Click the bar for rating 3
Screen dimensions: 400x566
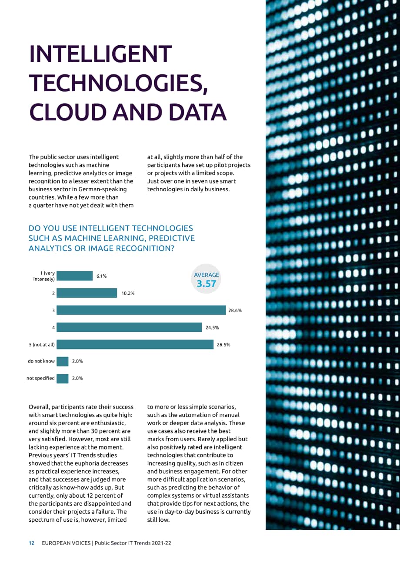coord(141,310)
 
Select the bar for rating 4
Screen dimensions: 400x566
coord(129,327)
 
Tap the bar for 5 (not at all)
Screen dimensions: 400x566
coord(135,344)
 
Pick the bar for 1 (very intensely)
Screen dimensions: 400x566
coord(74,276)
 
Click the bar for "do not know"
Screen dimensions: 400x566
coord(63,361)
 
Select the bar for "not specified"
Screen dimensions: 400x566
coord(63,379)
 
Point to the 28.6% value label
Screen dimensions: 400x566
coord(235,310)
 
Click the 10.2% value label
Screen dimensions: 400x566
coord(128,293)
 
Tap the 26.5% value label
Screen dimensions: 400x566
coord(223,345)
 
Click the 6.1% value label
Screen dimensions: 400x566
coord(101,276)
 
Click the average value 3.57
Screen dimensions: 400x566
coord(206,284)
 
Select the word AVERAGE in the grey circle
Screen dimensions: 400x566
coord(207,275)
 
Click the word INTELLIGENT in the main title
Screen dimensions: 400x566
coord(100,54)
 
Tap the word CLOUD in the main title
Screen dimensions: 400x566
coord(68,112)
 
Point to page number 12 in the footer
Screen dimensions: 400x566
coord(31,543)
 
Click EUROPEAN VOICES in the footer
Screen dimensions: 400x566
coord(66,543)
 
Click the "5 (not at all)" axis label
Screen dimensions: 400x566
coord(42,345)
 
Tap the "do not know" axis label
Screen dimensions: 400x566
coord(41,361)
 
